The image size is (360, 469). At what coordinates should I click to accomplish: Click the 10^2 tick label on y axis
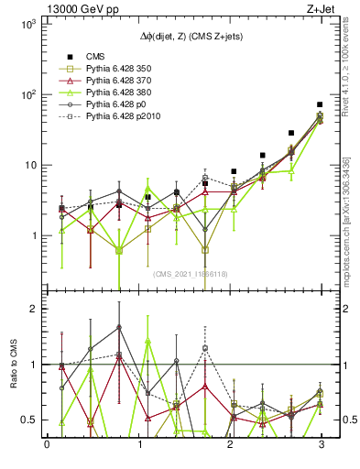point(29,95)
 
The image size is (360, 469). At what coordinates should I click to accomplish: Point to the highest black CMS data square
point(319,104)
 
